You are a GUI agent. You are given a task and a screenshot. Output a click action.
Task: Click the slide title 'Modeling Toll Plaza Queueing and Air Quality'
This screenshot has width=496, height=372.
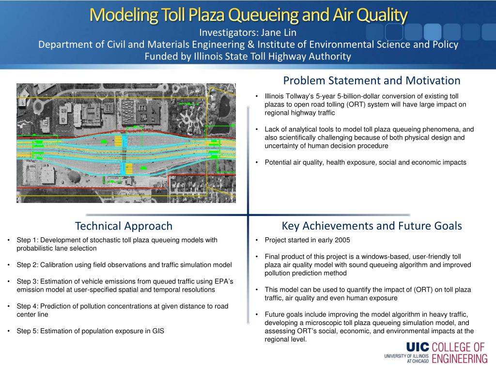248,15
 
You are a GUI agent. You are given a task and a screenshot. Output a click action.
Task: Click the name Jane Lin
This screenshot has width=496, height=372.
279,32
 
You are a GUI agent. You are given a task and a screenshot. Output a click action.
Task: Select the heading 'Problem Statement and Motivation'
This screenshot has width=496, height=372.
372,81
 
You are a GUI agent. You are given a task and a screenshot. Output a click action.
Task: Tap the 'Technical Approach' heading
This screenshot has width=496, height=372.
124,226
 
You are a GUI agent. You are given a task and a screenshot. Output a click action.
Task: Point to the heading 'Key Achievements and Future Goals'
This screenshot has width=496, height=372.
372,226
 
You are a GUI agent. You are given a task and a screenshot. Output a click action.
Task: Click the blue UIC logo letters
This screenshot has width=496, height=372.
418,347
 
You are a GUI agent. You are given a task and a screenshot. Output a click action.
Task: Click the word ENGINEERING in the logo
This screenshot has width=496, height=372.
460,359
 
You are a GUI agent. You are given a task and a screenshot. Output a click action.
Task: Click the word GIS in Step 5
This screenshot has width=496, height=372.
158,331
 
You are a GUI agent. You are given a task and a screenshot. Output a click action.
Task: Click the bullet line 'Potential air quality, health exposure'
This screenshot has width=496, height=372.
365,163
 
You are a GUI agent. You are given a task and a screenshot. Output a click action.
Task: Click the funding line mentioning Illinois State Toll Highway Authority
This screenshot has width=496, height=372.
248,56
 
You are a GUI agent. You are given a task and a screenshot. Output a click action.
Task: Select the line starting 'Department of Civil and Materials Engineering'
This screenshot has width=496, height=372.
248,45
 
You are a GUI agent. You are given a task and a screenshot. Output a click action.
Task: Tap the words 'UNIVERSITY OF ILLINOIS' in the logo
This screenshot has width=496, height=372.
406,356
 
